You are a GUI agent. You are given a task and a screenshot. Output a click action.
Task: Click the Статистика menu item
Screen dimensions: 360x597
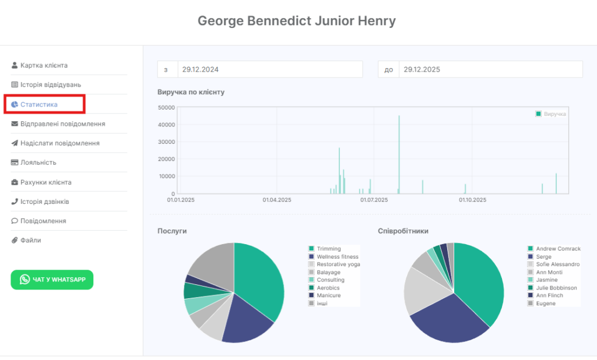tap(39, 104)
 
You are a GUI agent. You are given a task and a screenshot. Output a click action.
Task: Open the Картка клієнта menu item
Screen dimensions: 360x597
tap(44, 65)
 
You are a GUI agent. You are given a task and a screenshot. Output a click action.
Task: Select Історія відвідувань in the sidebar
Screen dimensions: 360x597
tap(47, 85)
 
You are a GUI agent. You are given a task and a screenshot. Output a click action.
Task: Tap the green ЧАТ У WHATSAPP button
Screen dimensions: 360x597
tap(52, 280)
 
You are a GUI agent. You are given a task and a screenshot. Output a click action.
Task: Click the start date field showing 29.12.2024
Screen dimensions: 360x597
tap(269, 69)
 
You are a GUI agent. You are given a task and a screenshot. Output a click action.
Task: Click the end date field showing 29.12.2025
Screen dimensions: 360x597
tap(490, 69)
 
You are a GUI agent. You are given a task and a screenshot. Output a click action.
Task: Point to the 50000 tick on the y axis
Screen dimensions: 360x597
tap(167, 107)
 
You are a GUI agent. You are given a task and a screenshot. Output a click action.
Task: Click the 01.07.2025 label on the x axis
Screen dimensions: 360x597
tap(374, 200)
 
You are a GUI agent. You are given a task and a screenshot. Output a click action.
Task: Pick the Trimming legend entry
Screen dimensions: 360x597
tap(329, 249)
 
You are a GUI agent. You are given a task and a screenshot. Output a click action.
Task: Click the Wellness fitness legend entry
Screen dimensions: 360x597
tap(338, 256)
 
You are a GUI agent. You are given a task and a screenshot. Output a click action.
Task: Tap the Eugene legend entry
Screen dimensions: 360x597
tap(546, 303)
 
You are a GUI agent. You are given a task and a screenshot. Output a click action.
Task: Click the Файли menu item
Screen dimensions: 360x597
tap(31, 240)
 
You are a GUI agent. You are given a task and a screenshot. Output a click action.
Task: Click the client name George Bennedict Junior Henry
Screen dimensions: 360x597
tap(297, 21)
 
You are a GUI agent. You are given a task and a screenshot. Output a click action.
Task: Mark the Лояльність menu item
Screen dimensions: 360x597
tap(38, 163)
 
